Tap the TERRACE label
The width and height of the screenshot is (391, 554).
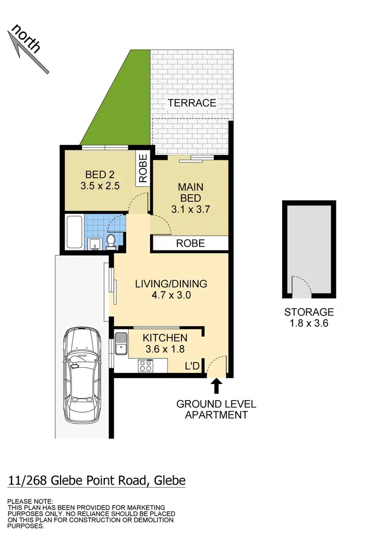192,103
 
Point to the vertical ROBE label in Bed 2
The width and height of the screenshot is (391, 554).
143,168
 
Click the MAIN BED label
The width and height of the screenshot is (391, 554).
191,192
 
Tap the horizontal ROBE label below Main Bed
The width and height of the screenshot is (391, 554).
190,244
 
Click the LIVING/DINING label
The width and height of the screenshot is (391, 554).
171,284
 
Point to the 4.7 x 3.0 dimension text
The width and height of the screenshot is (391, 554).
171,296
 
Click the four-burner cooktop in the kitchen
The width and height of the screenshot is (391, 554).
145,366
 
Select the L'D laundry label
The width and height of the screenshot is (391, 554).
192,367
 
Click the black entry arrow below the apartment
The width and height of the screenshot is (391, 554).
216,387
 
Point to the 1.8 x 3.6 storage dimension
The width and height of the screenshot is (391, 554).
309,324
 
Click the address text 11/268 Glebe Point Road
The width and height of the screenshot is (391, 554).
97,480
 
